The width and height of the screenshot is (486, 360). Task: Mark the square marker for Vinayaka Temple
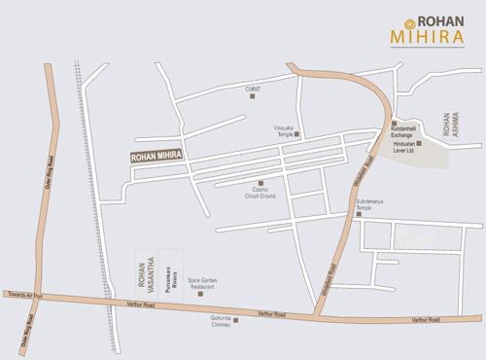point(297,133)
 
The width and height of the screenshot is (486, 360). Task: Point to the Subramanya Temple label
point(371,207)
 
